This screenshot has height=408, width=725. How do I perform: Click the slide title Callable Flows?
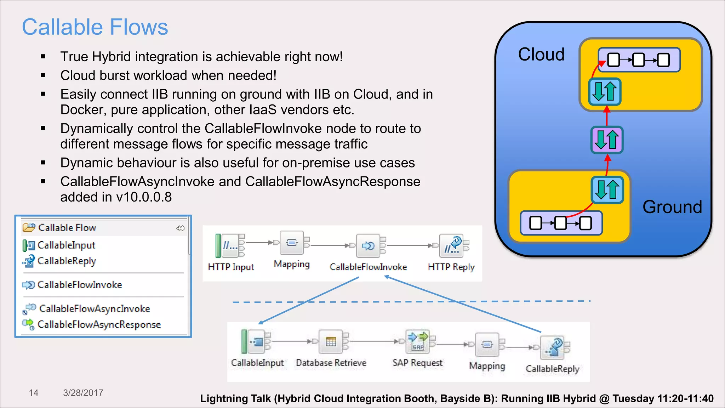point(95,27)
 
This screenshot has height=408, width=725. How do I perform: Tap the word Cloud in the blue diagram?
point(541,55)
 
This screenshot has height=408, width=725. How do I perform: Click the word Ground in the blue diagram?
point(672,207)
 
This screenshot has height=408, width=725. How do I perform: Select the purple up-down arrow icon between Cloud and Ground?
point(607,140)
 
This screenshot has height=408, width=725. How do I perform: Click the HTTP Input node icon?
point(230,245)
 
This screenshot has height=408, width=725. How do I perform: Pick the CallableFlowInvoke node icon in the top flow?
point(369,245)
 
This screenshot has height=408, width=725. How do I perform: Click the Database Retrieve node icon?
point(331,342)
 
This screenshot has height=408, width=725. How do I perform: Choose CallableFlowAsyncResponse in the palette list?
point(99,324)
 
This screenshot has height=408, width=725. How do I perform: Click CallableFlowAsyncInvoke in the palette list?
point(95,309)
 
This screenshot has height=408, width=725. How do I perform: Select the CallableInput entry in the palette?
point(66,245)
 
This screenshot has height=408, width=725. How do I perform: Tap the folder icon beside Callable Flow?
point(29,227)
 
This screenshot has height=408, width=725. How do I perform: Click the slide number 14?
point(34,393)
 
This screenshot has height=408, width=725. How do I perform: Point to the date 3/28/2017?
point(83,393)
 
